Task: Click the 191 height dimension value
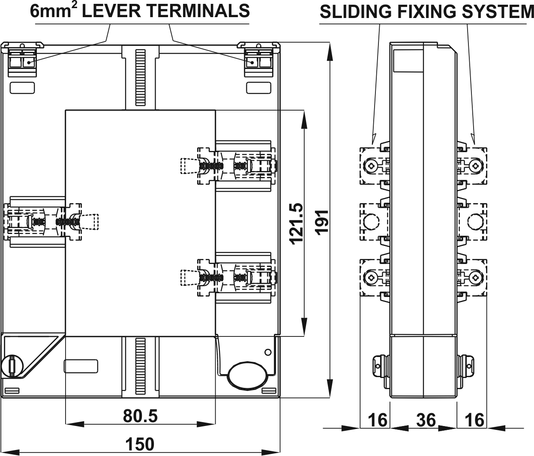coord(322,221)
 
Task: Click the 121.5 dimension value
coord(297,223)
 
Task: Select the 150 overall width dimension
coord(141,444)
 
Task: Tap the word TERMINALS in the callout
coord(195,11)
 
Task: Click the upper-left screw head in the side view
coord(371,165)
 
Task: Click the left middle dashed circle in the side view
coord(371,221)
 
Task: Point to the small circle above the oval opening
coord(268,352)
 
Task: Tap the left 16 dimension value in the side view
coord(378,420)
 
